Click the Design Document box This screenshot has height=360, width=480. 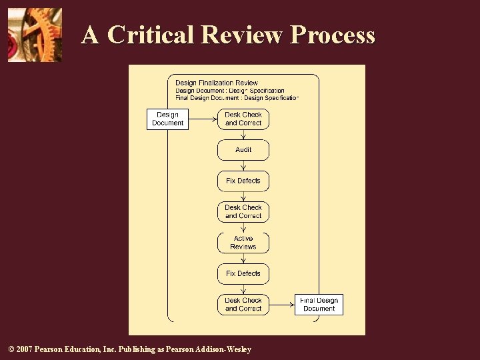167,119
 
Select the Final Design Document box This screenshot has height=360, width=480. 319,305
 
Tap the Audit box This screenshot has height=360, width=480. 243,150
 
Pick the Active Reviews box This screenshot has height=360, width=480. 243,243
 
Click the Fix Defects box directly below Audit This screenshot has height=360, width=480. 243,181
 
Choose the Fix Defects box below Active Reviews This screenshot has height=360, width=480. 243,273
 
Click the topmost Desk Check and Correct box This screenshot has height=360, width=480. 243,119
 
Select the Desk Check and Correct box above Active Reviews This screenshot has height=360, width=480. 243,211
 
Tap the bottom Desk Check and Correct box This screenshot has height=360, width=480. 243,305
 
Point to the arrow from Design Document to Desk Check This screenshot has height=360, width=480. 203,119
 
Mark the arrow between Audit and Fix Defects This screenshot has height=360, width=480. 243,166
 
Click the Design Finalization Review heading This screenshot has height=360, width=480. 217,83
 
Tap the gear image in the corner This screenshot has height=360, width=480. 35,35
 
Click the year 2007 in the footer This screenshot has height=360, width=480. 23,349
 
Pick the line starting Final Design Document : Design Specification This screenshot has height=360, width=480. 237,98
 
